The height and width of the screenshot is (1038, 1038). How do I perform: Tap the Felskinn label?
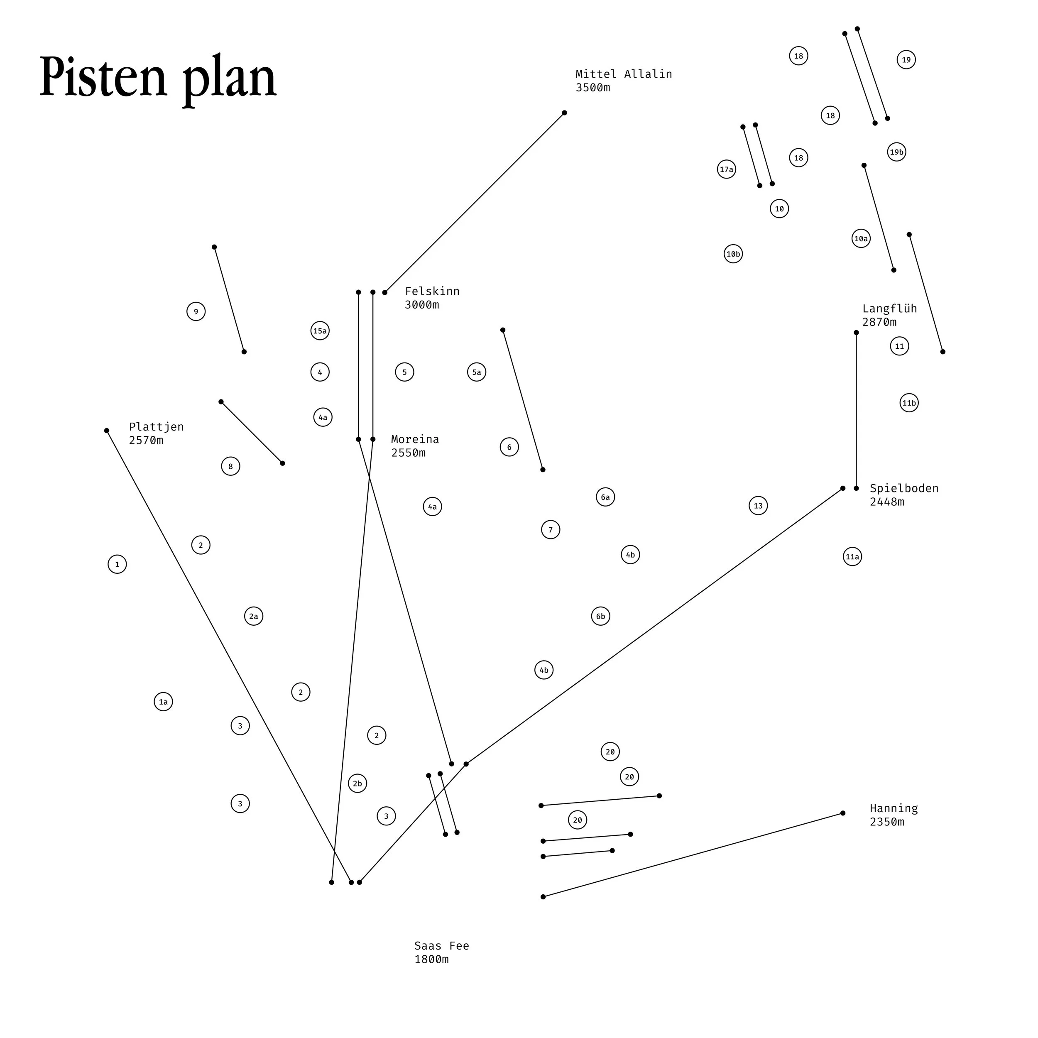[432, 291]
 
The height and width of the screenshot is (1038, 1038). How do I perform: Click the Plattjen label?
[156, 426]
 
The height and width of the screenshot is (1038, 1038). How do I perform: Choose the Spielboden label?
[904, 488]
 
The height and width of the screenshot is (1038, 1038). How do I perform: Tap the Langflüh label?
[889, 308]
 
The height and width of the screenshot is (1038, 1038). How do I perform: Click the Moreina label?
[415, 439]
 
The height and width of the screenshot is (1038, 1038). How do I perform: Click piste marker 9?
[196, 312]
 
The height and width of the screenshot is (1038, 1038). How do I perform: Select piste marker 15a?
[320, 331]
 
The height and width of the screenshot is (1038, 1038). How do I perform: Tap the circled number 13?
[758, 506]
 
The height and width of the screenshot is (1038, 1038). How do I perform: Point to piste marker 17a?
[726, 170]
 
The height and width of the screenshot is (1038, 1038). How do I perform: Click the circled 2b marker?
[357, 783]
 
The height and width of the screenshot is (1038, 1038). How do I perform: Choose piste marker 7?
[551, 530]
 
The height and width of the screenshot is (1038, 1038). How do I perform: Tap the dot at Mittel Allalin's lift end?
[564, 113]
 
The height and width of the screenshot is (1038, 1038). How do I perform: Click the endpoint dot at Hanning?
[842, 813]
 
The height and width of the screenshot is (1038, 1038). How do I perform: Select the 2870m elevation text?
[879, 322]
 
